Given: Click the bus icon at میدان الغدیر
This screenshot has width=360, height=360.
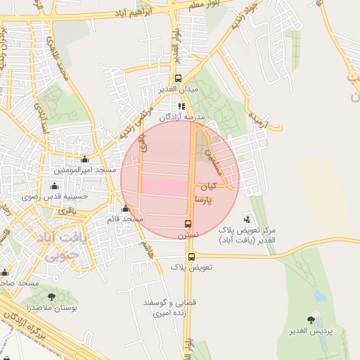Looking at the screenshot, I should tap(179, 79).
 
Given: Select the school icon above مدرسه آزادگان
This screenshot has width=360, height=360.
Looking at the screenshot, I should tap(181, 106).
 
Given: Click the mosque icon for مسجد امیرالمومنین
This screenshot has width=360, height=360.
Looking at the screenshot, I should tap(85, 159).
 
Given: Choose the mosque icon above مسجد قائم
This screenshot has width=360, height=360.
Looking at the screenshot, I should tap(125, 208).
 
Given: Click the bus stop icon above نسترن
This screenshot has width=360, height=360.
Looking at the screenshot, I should tap(188, 224).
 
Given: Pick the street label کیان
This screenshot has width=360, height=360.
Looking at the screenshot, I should tap(209, 188).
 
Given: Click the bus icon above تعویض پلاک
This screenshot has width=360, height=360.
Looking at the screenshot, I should tap(192, 256).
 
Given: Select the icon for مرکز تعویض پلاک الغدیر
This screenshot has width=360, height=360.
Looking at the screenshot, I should tap(246, 219).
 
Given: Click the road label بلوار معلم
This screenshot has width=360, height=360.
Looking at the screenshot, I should tap(204, 5).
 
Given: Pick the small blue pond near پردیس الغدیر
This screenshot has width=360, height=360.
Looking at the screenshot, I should tap(320, 296).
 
